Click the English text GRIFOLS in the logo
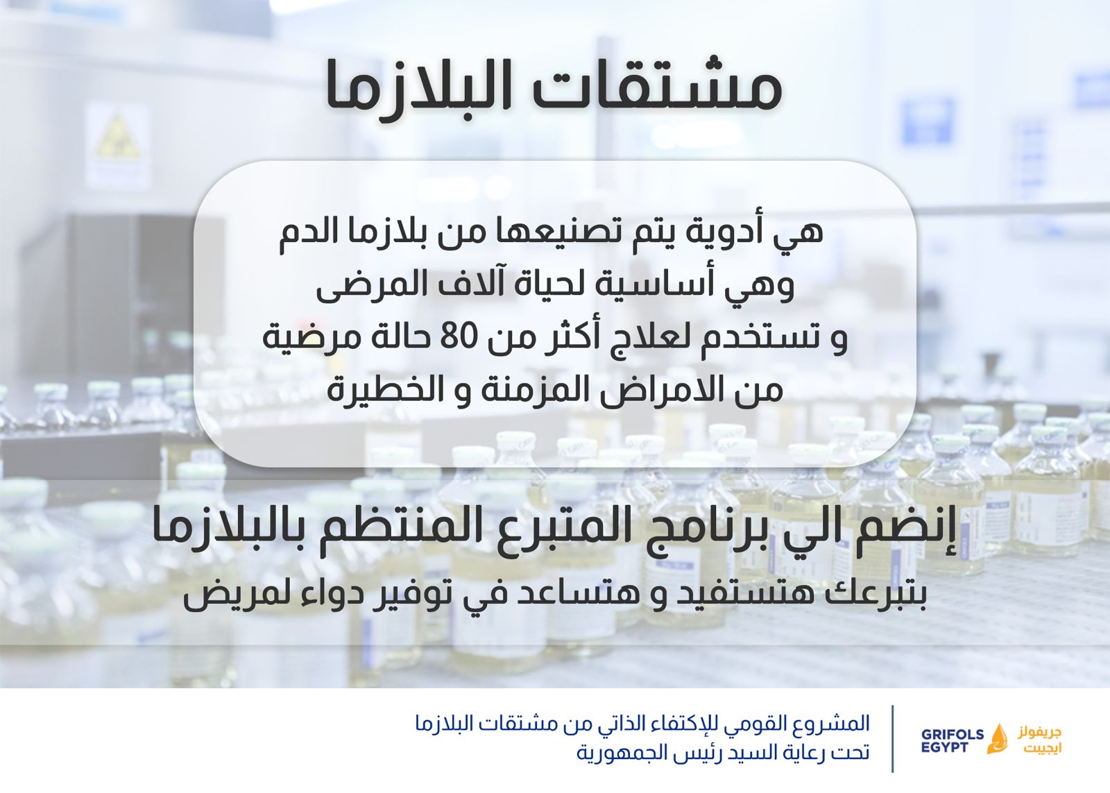pos(953,734)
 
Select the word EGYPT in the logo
pos(944,747)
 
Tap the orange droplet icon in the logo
pos(998,738)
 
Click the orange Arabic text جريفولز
pos(1040,732)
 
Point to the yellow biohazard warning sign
pos(117,137)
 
